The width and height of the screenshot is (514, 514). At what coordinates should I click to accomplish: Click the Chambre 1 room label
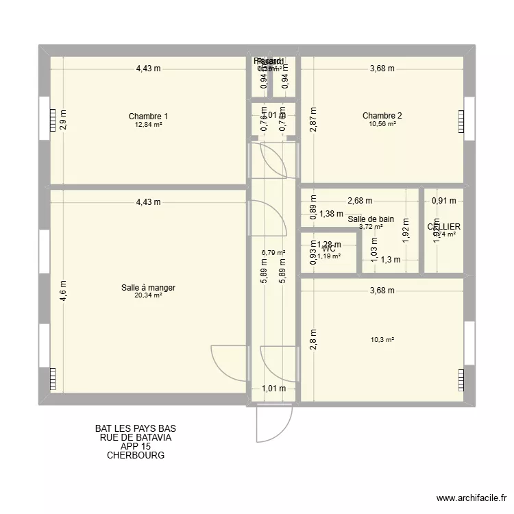point(148,117)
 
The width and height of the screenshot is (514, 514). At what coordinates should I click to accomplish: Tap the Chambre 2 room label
point(382,116)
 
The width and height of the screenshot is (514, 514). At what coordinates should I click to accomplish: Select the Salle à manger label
point(148,288)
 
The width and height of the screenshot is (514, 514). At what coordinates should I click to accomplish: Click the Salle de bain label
point(370,219)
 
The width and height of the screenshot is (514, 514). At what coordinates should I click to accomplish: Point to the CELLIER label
point(443,227)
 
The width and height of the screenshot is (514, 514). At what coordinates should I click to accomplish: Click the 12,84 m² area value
point(148,125)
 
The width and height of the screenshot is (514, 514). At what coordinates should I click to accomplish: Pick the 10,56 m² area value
point(382,124)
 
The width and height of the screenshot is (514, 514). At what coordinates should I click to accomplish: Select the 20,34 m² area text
point(148,296)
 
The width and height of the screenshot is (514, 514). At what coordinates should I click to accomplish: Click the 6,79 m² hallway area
point(272,252)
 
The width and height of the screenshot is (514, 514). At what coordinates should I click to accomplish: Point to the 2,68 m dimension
point(360,201)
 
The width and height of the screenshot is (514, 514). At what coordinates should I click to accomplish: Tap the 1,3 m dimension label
point(390,260)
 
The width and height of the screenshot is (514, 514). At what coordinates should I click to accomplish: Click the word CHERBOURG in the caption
point(136,455)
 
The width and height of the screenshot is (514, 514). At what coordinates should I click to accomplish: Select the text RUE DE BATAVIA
point(136,437)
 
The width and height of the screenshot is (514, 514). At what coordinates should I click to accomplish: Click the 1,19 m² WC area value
point(329,256)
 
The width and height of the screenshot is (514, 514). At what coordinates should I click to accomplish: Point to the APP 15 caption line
point(136,446)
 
